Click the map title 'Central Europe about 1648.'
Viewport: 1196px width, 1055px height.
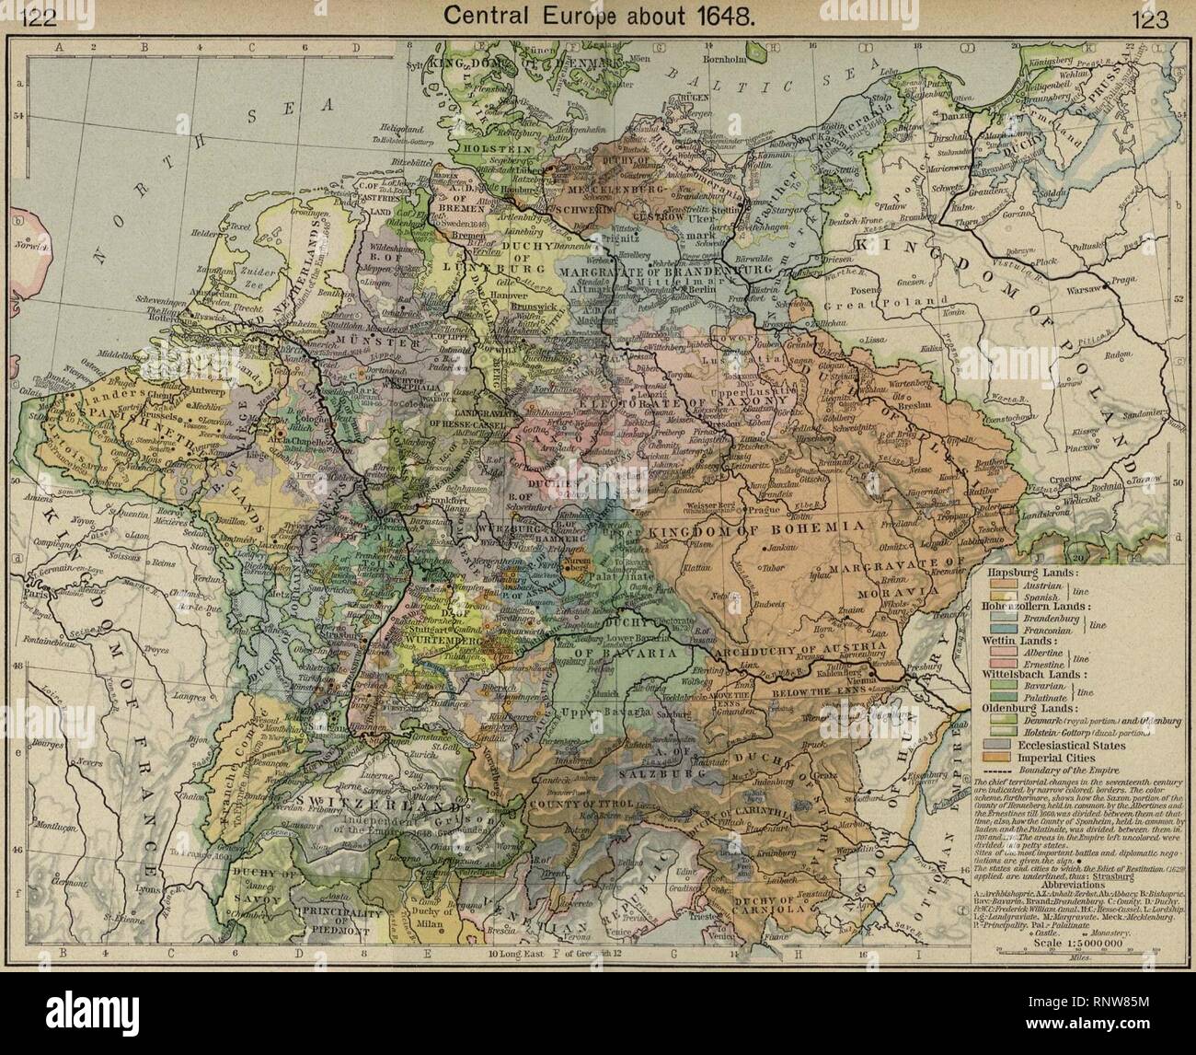click(597, 16)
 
